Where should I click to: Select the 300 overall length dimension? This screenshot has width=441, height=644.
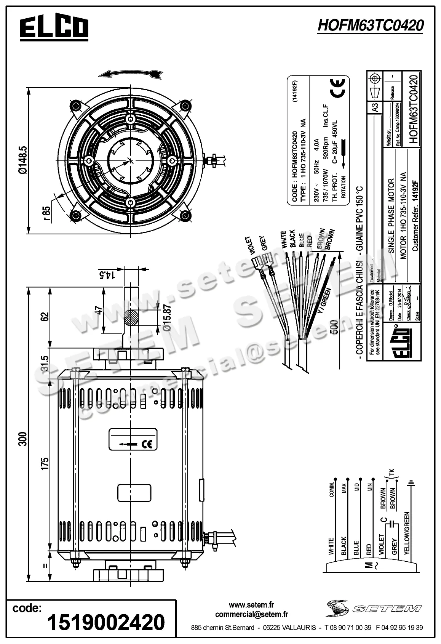23,439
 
